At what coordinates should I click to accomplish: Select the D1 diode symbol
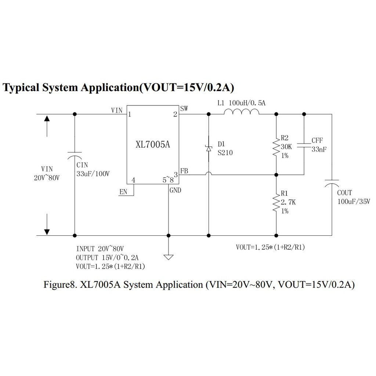coord(209,148)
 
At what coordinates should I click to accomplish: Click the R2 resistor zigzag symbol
coord(276,147)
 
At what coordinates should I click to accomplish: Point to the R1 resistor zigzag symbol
coord(276,202)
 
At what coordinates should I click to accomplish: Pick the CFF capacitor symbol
coord(304,145)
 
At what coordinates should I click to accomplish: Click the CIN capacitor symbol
coord(75,155)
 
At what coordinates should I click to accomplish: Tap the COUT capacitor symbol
coord(332,184)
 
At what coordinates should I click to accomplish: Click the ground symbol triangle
coord(169,257)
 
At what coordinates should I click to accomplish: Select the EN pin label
coord(123,192)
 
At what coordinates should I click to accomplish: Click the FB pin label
coord(184,171)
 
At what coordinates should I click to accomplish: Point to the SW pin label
coord(184,108)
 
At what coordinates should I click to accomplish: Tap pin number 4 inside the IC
coord(133,180)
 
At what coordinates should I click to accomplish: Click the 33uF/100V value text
coord(93,174)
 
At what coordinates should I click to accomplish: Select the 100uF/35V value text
coord(354,201)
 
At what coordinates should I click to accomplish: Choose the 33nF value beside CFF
coord(319,149)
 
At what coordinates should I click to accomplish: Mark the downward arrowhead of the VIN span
coord(47,231)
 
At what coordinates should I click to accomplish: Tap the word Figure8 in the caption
coord(59,285)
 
